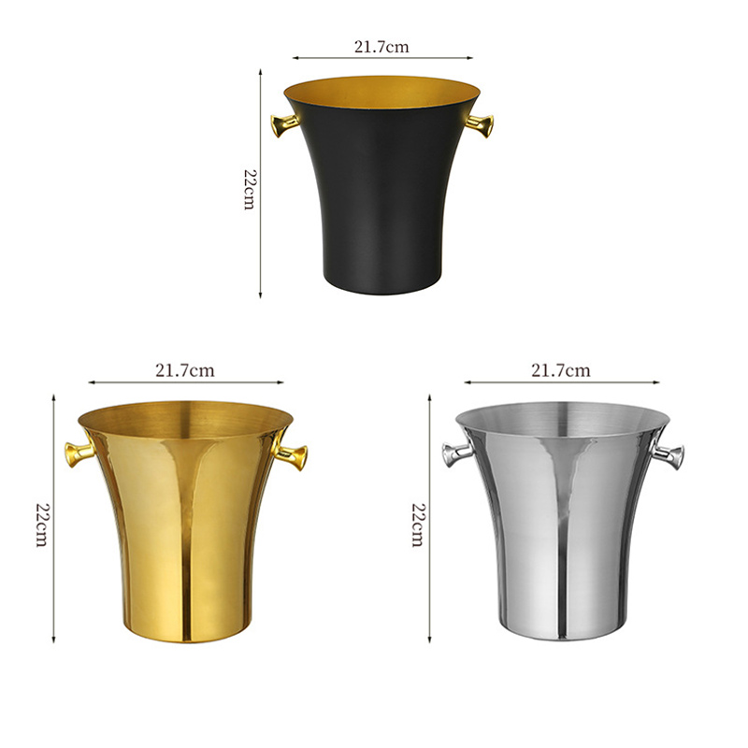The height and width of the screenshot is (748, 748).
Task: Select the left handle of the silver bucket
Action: pyautogui.click(x=454, y=454)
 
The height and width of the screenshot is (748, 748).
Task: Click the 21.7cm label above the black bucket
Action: pyautogui.click(x=381, y=45)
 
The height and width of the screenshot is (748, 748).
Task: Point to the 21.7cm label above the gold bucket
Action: pyautogui.click(x=184, y=370)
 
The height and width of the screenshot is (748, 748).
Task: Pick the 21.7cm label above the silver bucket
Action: pyautogui.click(x=561, y=370)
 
